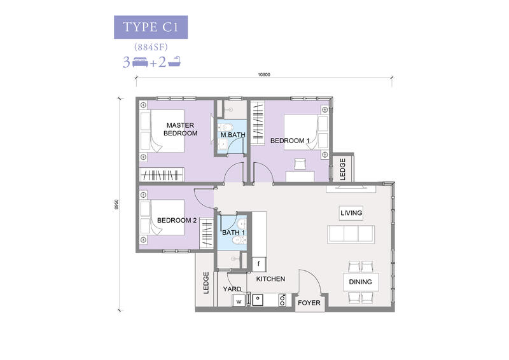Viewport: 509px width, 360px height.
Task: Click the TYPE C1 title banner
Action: point(151,27)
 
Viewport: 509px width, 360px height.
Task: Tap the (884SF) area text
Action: point(151,48)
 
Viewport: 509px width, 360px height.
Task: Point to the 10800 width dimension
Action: point(264,74)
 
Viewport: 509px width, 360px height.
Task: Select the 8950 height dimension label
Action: point(116,204)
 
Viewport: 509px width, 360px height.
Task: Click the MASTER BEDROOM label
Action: point(181,129)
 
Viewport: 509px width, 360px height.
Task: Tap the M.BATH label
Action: point(233,135)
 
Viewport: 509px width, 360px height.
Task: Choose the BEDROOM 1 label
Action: point(290,141)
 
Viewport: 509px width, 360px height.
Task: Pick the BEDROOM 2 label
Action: point(177,220)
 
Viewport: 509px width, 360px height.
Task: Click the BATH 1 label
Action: point(234,232)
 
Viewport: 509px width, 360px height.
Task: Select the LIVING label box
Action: point(351,213)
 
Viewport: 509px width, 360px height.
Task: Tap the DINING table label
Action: point(360,282)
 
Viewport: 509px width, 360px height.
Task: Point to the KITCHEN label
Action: point(270,279)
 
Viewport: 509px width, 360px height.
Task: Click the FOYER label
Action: point(309,303)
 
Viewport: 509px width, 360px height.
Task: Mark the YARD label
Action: point(232,289)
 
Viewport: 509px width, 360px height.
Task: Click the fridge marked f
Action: point(259,264)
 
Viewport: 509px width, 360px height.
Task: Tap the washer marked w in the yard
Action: point(239,301)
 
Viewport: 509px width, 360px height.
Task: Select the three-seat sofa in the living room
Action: point(351,234)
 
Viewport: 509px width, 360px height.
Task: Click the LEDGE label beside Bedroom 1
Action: point(342,169)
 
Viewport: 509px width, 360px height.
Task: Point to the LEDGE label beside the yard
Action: point(206,283)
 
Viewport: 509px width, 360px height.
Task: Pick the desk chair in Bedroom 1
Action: point(300,164)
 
